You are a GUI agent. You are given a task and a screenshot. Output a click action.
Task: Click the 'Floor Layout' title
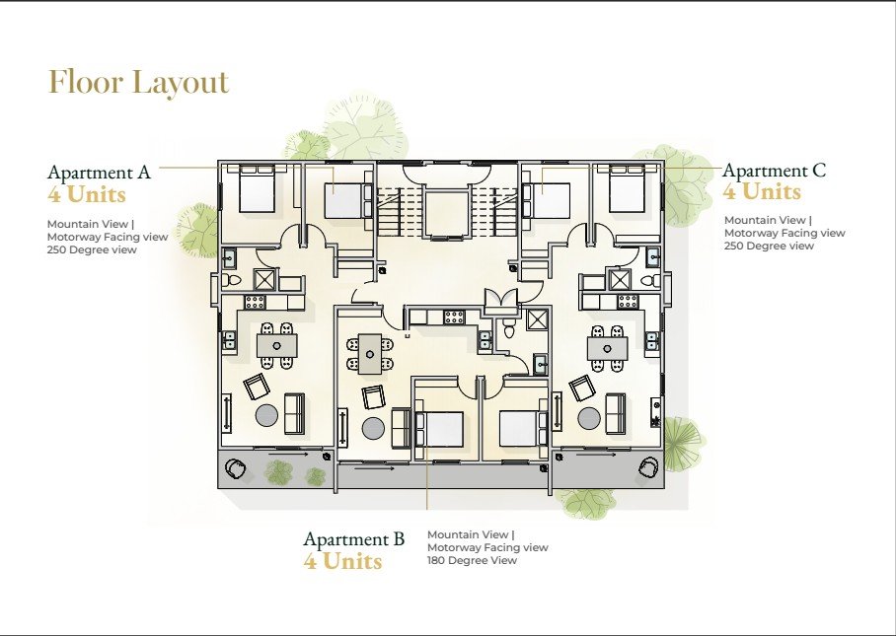tap(139, 82)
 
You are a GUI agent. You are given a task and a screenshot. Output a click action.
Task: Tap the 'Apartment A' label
tap(99, 172)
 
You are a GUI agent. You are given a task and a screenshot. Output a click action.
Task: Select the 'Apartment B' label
tap(353, 539)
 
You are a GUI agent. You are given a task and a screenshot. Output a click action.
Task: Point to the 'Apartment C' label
tap(775, 171)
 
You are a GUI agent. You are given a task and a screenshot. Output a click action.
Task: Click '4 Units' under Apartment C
tap(762, 192)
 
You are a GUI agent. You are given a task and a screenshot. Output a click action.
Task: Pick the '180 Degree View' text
tap(472, 560)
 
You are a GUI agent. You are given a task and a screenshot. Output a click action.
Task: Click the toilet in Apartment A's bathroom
tap(232, 280)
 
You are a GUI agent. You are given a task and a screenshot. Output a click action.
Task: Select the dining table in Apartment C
tap(608, 348)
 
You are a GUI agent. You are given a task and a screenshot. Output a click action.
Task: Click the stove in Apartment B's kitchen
tap(454, 317)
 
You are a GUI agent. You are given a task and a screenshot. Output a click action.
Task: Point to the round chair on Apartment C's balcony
tap(649, 467)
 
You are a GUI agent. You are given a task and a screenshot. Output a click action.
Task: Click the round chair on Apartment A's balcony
tap(236, 468)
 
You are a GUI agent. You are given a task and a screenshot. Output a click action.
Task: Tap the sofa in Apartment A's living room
tap(294, 412)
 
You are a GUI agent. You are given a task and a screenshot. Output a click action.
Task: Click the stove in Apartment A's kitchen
tap(255, 302)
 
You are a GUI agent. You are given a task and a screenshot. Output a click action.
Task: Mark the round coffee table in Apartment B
tap(374, 429)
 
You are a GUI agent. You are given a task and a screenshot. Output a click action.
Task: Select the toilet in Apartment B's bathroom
tap(508, 327)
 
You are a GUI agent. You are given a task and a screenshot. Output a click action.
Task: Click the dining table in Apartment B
tap(370, 354)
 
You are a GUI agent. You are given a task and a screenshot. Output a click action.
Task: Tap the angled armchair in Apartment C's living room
tap(581, 389)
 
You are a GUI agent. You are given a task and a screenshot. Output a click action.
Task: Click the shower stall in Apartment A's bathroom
tap(264, 280)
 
